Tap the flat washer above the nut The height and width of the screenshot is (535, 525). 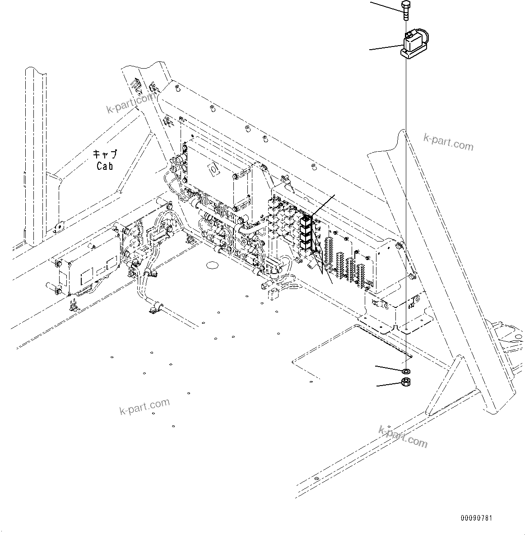click(x=405, y=371)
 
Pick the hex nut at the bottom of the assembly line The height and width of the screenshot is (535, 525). click(x=405, y=383)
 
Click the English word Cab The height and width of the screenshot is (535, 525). click(x=105, y=166)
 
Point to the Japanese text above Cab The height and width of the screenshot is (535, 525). click(x=105, y=154)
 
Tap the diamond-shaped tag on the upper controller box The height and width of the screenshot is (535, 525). click(x=212, y=170)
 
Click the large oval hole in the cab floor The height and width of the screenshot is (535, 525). click(x=214, y=264)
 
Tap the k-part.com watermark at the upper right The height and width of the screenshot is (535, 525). click(x=448, y=142)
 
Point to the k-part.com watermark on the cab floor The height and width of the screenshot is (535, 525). click(x=144, y=406)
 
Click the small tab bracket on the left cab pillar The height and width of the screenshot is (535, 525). click(x=57, y=226)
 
